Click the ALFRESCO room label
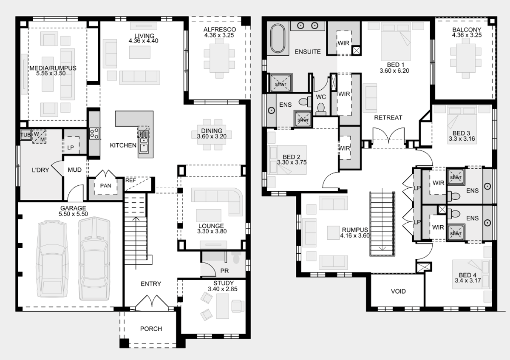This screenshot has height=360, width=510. click(219, 29)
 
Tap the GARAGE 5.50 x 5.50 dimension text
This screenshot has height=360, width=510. click(73, 214)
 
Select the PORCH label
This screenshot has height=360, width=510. click(151, 329)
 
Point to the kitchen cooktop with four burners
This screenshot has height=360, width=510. click(94, 133)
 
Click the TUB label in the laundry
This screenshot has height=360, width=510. click(25, 135)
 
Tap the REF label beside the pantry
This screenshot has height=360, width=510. click(130, 180)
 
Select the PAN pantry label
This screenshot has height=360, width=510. click(106, 186)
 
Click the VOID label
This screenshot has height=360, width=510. click(398, 291)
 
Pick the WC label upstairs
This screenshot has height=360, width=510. click(321, 97)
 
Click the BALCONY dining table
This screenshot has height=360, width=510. click(466, 58)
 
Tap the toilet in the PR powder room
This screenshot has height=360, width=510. click(236, 258)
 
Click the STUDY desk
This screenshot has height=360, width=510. click(222, 306)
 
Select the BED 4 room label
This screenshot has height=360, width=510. click(467, 275)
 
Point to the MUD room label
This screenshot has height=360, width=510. click(75, 170)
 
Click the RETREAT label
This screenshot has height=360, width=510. click(388, 117)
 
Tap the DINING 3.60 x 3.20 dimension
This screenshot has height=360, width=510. click(212, 136)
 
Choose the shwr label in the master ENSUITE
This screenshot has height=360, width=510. click(280, 84)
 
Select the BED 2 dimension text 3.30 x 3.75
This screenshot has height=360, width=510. click(292, 162)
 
